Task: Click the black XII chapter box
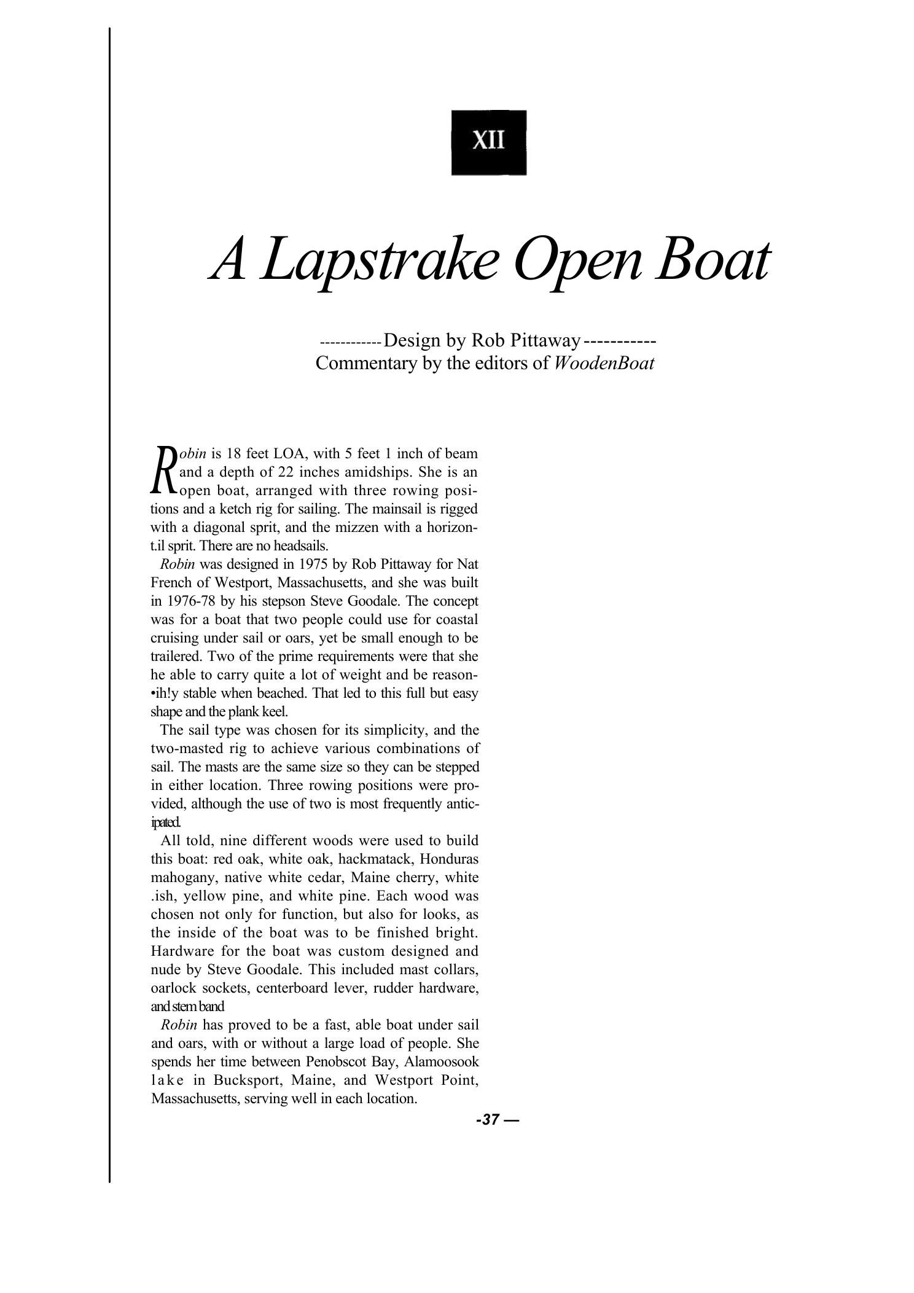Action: (489, 143)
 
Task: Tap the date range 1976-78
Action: (190, 601)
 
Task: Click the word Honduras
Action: (451, 858)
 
